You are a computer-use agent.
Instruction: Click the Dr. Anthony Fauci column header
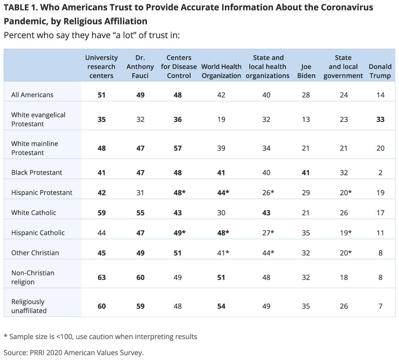coord(140,66)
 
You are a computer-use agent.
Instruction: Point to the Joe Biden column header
coord(306,71)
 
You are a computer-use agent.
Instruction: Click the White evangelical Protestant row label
coord(38,119)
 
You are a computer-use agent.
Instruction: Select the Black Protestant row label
coord(37,172)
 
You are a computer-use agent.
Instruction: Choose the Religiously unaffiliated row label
coord(29,306)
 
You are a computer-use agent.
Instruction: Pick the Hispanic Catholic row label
coord(38,233)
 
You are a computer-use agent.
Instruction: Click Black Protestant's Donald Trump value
coord(380,172)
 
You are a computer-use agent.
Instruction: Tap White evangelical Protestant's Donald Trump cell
coord(380,119)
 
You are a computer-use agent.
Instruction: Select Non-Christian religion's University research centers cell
coord(102,277)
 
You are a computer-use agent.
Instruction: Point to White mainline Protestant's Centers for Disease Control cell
coord(178,148)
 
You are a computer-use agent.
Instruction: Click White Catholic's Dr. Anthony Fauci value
coord(140,212)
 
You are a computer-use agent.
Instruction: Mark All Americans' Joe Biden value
coord(306,95)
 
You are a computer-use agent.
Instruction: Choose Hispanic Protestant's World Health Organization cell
coord(221,192)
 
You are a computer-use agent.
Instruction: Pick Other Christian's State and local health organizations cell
coord(267,253)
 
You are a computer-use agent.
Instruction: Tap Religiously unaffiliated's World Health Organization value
coord(221,306)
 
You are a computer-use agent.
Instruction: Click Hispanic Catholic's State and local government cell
coord(344,233)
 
